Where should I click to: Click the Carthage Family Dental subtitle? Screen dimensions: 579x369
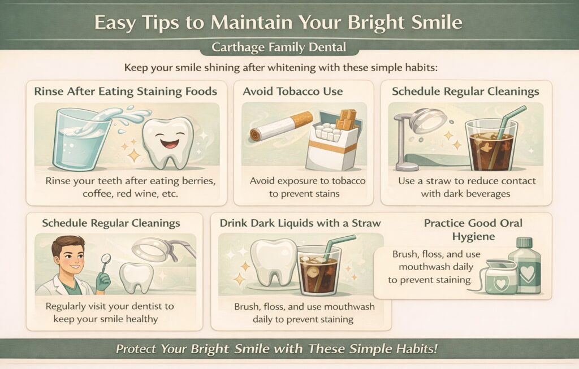point(279,47)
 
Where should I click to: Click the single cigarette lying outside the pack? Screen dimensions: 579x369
point(281,126)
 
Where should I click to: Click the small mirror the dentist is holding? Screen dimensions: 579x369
point(106,259)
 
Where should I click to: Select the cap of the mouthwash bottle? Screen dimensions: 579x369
point(524,244)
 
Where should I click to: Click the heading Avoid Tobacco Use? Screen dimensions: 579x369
point(292,92)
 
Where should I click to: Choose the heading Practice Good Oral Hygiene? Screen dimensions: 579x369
point(473,229)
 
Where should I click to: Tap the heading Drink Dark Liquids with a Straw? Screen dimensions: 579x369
point(300,223)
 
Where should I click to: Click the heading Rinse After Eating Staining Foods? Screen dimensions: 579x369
point(126,92)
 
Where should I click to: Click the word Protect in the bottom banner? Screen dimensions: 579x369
point(137,349)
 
